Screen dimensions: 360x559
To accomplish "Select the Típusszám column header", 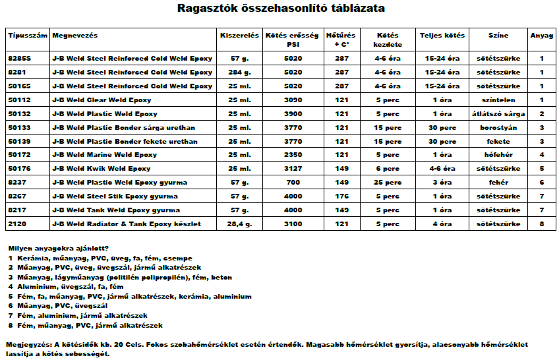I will click(x=26, y=35).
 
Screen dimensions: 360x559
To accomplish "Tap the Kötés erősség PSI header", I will click(x=293, y=40).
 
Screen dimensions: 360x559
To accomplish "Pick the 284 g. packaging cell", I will click(x=239, y=73).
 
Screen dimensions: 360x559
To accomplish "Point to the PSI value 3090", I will click(x=293, y=100).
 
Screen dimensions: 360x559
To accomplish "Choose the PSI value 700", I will click(x=293, y=183).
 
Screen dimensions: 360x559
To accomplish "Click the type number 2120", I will click(x=16, y=224).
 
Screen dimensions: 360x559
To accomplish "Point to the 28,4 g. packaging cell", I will click(x=239, y=224).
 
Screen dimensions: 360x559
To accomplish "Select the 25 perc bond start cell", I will click(x=388, y=183).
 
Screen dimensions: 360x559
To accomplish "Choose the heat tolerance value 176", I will click(x=341, y=196).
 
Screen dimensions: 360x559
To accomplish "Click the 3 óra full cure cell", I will click(x=442, y=183).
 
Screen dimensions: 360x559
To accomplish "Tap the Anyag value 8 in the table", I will click(x=541, y=224).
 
